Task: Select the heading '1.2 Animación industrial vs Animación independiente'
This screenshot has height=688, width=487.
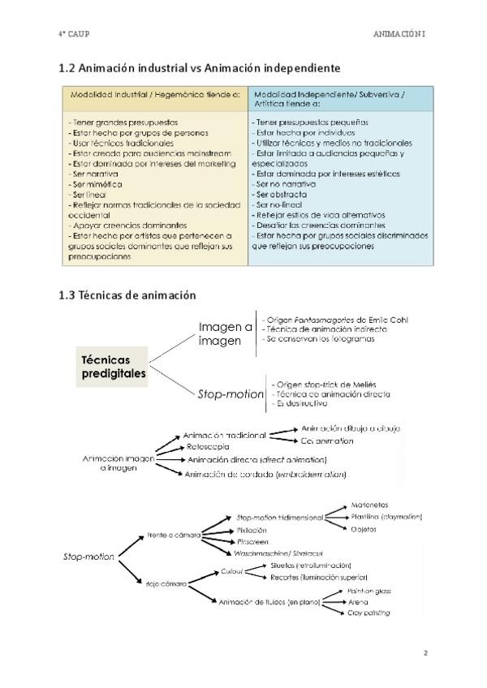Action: pyautogui.click(x=199, y=67)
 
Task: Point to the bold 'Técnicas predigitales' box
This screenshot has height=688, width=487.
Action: pyautogui.click(x=114, y=366)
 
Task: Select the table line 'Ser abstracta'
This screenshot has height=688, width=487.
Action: pyautogui.click(x=281, y=195)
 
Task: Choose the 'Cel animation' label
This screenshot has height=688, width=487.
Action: pyautogui.click(x=327, y=441)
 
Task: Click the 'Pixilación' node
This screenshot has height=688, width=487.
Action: pyautogui.click(x=252, y=529)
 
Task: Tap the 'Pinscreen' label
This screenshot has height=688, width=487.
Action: pyautogui.click(x=252, y=540)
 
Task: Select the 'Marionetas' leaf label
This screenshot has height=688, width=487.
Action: pyautogui.click(x=370, y=504)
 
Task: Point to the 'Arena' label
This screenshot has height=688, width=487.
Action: pyautogui.click(x=360, y=601)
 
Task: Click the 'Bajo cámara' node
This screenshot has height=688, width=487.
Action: pyautogui.click(x=167, y=583)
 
